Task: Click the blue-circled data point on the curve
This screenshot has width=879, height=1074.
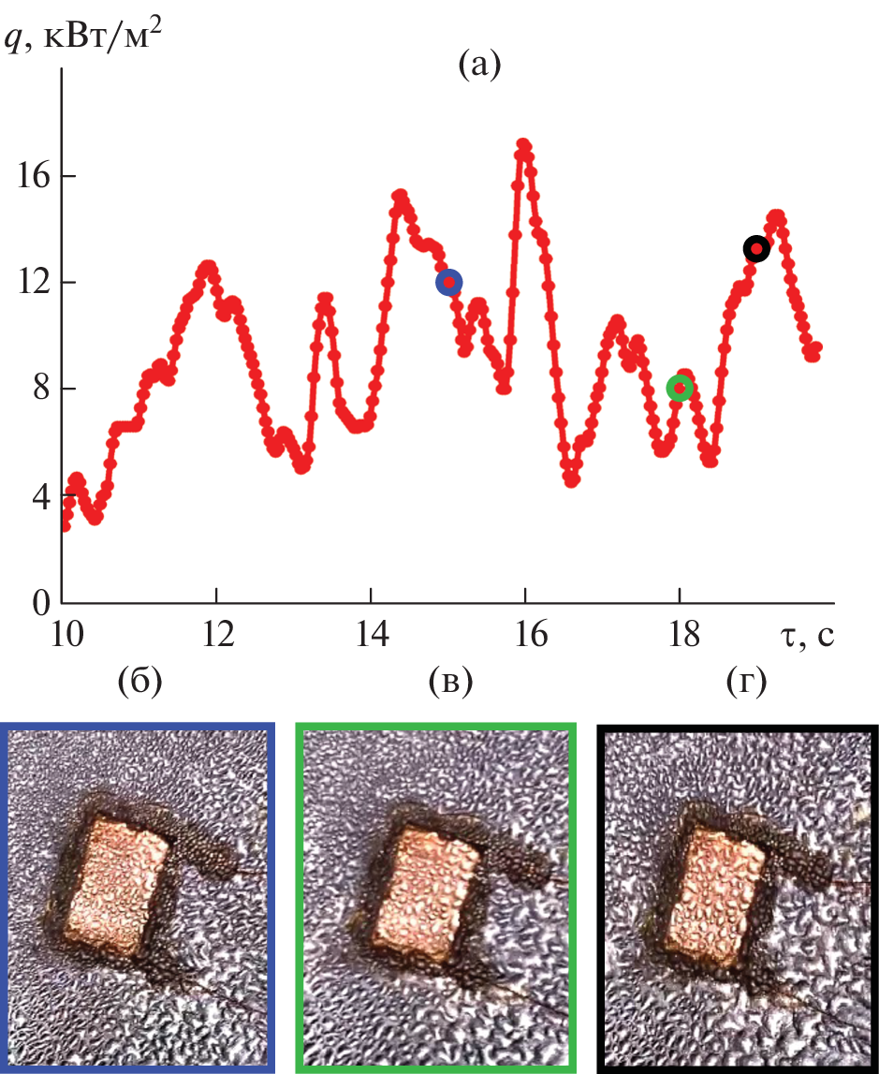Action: click(449, 282)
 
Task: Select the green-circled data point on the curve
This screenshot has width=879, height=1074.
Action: click(680, 388)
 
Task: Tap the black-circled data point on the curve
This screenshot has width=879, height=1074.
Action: click(756, 248)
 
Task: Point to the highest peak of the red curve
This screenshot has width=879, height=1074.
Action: click(523, 144)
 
